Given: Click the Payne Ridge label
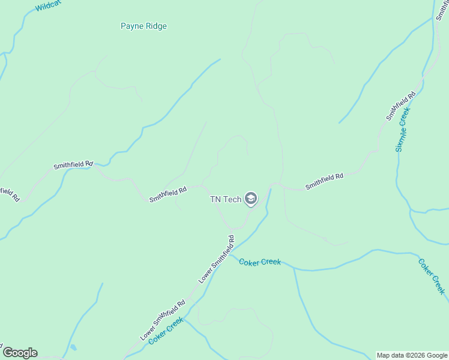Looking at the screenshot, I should pos(143,26).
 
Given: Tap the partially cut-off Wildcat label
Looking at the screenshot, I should pos(48,7).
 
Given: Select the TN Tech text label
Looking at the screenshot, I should pos(225,199).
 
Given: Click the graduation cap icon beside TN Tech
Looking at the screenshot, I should pos(251,199).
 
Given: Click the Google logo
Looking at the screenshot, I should pos(20,353).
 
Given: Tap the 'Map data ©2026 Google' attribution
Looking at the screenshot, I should pos(412,355).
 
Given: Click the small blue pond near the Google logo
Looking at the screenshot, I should pos(73,347).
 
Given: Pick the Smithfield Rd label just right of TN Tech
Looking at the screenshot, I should pos(324,181).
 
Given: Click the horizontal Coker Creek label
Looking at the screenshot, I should pos(260,262).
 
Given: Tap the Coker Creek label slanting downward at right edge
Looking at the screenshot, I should pos(432,276).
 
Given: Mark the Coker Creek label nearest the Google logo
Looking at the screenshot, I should pos(166,331).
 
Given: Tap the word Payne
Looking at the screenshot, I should pos(131,26).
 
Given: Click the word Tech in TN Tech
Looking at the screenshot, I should pos(232,199).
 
